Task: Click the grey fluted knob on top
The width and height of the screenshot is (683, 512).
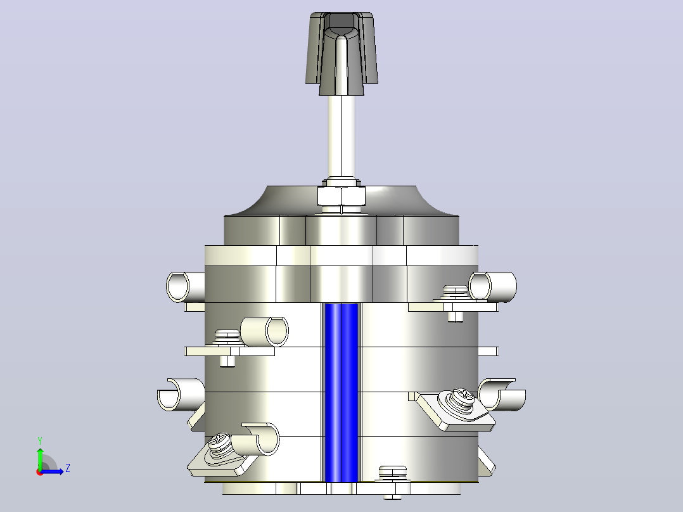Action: [x=341, y=53]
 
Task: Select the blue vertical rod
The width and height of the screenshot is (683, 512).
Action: [x=341, y=393]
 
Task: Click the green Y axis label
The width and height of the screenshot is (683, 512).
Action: [x=40, y=440]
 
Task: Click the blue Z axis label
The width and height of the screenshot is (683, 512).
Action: [x=68, y=468]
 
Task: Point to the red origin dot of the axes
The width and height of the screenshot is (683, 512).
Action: [x=40, y=472]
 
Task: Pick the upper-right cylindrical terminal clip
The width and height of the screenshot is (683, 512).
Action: [x=493, y=287]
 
